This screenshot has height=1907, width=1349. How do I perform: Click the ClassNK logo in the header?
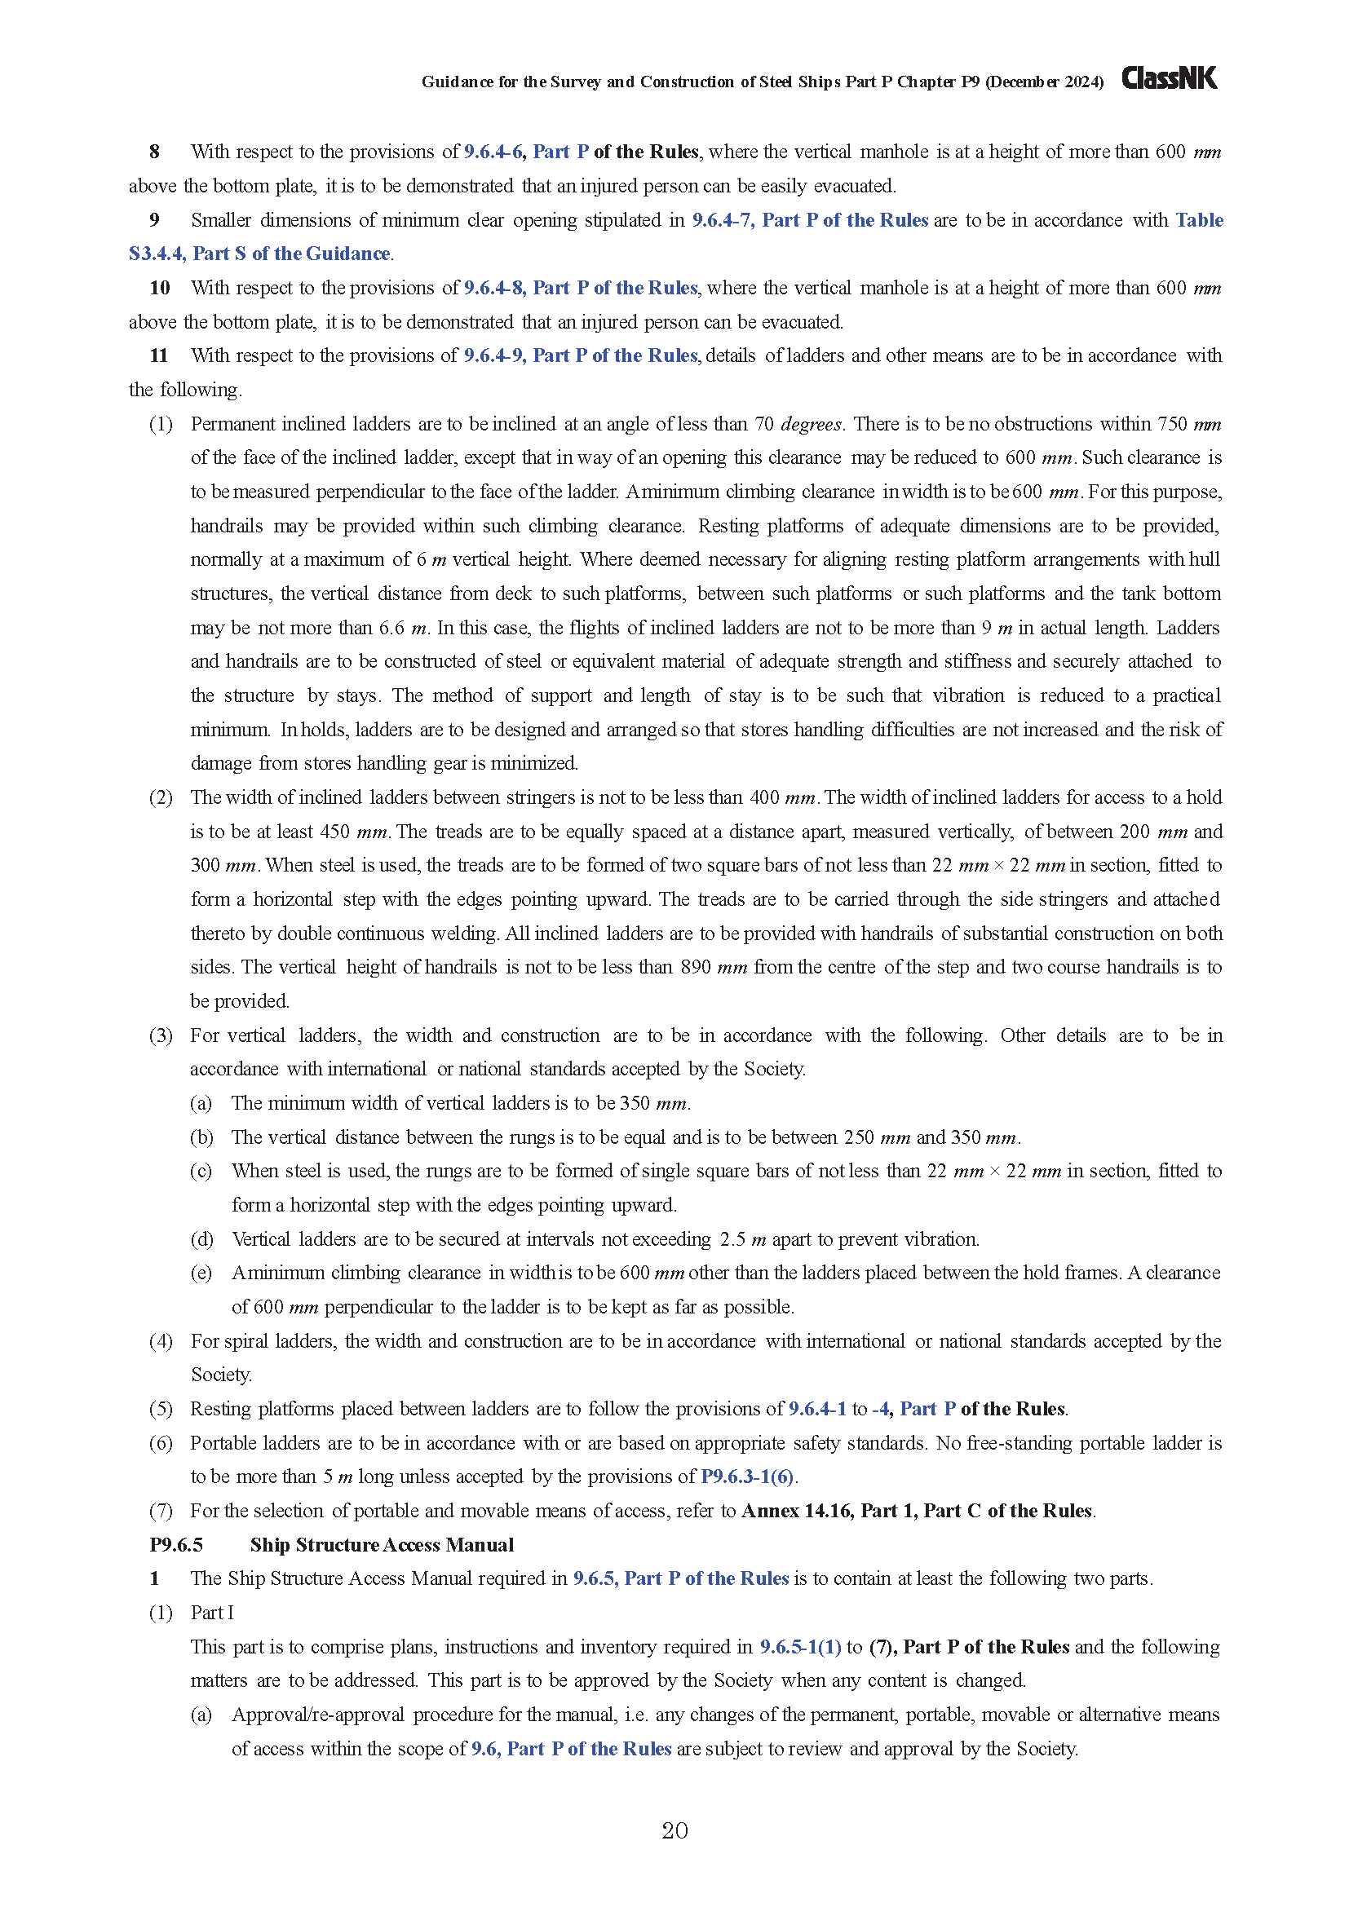(1169, 78)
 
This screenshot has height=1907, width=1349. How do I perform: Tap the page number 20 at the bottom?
(674, 1830)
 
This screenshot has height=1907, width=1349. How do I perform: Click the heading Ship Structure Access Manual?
(381, 1545)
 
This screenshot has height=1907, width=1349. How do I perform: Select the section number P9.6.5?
(176, 1545)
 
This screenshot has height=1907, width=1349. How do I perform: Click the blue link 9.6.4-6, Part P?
(526, 152)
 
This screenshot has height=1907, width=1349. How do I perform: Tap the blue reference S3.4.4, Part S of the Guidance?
(259, 254)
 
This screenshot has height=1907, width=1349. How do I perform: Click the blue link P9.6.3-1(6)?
(747, 1477)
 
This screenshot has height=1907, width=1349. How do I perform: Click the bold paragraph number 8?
(154, 152)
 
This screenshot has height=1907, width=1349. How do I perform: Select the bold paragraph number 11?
(159, 356)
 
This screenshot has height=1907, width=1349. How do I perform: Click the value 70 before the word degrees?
(763, 425)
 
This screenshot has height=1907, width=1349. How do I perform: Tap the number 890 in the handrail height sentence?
(695, 968)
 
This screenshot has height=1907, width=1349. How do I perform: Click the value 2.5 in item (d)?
(732, 1239)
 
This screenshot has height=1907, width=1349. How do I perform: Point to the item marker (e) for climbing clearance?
(201, 1274)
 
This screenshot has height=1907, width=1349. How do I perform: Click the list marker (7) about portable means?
(161, 1511)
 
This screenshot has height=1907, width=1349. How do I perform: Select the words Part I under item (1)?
(212, 1613)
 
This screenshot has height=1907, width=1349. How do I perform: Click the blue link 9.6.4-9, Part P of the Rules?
(581, 356)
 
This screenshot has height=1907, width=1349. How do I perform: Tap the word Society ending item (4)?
(220, 1375)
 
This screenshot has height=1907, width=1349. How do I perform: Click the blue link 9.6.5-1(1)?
(800, 1647)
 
